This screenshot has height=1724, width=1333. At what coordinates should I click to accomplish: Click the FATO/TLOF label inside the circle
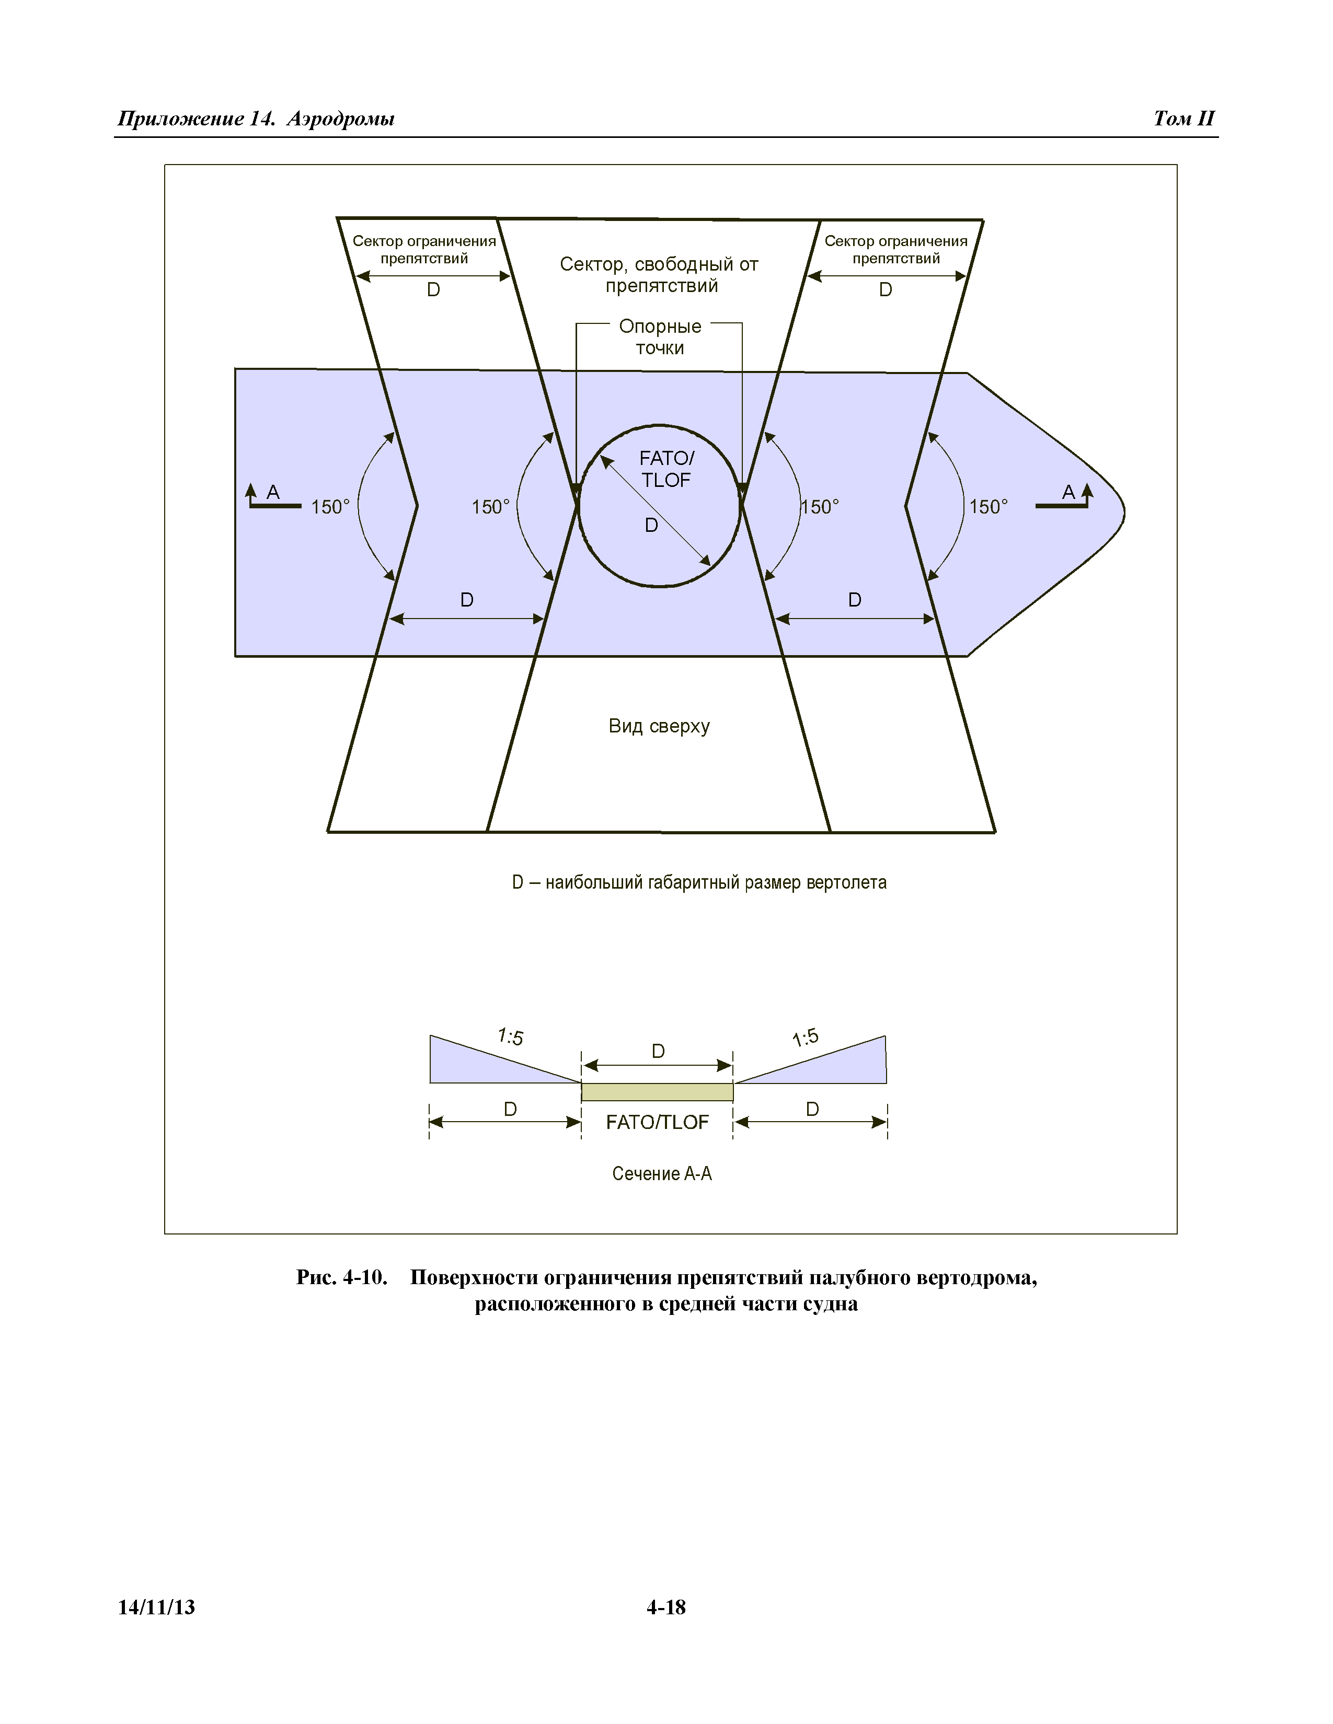(665, 469)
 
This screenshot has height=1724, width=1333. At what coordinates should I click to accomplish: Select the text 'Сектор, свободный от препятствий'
(659, 275)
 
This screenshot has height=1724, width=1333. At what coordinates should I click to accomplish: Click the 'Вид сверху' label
(659, 726)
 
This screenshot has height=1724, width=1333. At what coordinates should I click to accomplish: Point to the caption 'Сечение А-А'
(662, 1174)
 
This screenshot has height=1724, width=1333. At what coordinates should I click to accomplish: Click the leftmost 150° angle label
(330, 507)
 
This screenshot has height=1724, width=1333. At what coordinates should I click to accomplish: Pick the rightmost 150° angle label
(988, 507)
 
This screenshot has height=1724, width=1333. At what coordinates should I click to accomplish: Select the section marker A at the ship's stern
(272, 493)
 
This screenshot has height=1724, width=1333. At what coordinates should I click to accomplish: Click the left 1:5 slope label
(510, 1035)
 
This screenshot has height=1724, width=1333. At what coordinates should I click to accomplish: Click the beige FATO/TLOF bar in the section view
(657, 1092)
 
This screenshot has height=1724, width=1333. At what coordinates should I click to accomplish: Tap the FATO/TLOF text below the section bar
(657, 1122)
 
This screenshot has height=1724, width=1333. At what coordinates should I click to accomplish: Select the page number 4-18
(665, 1607)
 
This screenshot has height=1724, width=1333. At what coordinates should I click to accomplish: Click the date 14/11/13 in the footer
(156, 1607)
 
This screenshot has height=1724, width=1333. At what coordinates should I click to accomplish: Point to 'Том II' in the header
(1183, 119)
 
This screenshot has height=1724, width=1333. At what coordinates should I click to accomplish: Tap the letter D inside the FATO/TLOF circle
(651, 525)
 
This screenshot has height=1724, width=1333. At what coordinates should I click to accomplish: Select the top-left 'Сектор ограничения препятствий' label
(424, 249)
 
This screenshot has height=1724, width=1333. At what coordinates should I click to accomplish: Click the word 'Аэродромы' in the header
(340, 119)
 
